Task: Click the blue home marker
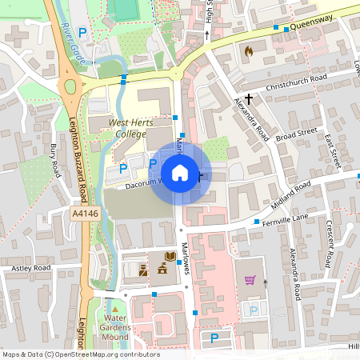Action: [180, 172]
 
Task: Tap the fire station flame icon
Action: [248, 51]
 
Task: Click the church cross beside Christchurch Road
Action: [249, 98]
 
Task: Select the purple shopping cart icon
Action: [250, 281]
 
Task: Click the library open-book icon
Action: [170, 257]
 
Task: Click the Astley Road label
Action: [30, 267]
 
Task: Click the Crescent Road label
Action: [329, 244]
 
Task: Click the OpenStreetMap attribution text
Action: [81, 354]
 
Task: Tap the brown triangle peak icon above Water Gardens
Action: [115, 309]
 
